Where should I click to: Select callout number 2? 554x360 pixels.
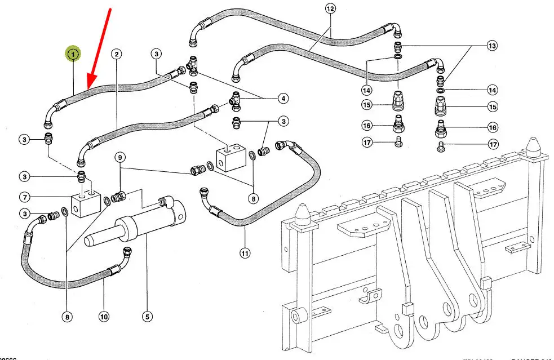tap(116, 54)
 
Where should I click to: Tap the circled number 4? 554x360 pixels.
tap(283, 99)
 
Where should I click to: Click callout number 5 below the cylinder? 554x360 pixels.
tap(147, 317)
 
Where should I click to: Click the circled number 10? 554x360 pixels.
tap(104, 317)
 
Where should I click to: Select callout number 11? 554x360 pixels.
tap(245, 254)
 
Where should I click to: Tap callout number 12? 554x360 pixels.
tap(330, 8)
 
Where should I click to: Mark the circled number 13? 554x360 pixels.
tap(492, 46)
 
